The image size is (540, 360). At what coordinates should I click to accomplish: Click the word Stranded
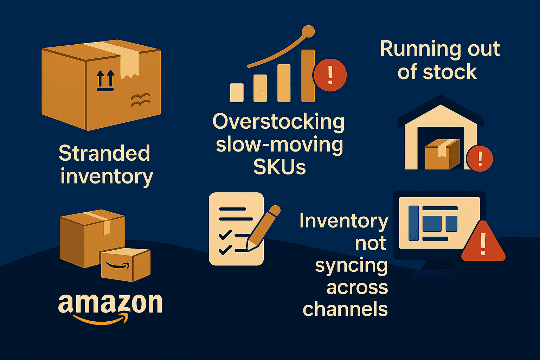click(x=104, y=153)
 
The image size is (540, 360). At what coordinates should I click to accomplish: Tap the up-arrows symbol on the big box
click(x=105, y=80)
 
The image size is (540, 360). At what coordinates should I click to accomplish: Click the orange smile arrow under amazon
click(x=101, y=320)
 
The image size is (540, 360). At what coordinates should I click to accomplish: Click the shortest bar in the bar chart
click(x=237, y=93)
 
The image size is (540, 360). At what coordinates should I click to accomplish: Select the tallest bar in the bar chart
click(x=308, y=76)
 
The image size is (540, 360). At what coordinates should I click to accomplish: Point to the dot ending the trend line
click(x=308, y=31)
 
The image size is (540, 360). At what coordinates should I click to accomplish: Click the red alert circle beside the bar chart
click(x=330, y=75)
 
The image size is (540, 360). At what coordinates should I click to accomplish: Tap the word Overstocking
click(x=278, y=122)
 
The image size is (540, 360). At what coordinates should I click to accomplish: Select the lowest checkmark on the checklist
click(x=225, y=250)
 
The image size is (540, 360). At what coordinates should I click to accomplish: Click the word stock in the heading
click(x=450, y=72)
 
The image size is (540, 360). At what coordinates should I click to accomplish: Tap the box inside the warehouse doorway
click(x=442, y=154)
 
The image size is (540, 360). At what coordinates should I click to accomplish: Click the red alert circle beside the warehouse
click(x=480, y=159)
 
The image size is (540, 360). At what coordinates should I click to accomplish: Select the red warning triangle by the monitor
click(x=483, y=243)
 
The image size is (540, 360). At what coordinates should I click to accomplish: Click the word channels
click(x=345, y=309)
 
